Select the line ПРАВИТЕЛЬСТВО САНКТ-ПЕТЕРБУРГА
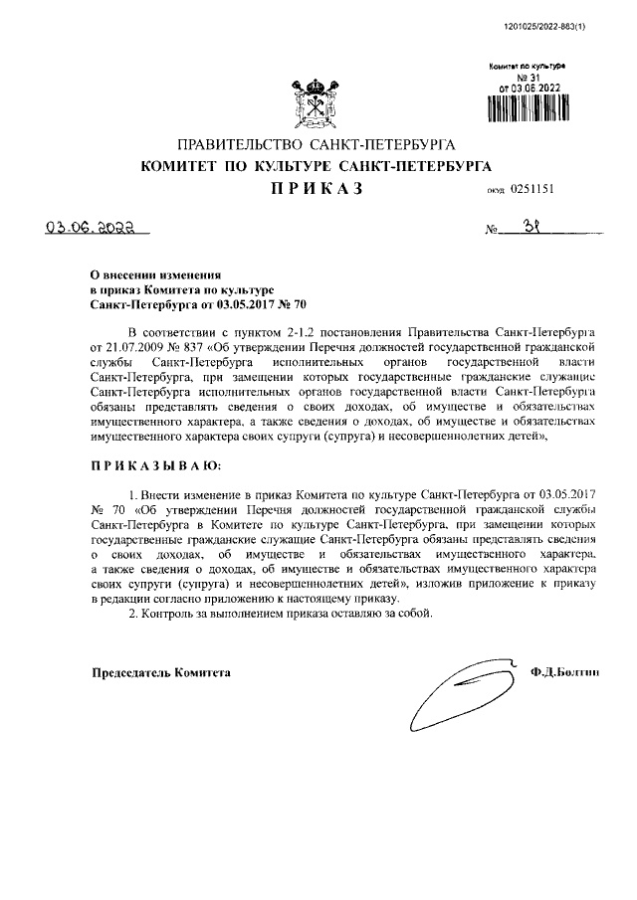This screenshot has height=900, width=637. [x=317, y=145]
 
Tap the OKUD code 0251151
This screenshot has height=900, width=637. [x=536, y=189]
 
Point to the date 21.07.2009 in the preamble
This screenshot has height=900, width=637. [x=120, y=348]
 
